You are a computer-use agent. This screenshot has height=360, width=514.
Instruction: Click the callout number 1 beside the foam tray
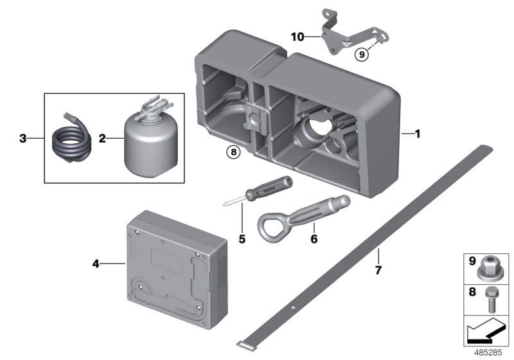[x=417, y=134]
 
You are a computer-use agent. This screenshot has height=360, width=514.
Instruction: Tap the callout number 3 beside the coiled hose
[x=22, y=138]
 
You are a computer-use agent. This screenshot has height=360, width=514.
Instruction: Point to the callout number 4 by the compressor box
[x=96, y=263]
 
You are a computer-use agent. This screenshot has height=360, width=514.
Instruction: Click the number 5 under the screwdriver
[x=242, y=239]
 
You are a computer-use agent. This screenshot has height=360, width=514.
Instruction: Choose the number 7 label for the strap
[x=378, y=271]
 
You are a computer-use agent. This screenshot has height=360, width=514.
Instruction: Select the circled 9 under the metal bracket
[x=362, y=55]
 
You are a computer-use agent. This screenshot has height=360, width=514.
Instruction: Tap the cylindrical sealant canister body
[x=146, y=141]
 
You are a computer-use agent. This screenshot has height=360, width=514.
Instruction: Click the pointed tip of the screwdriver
[x=226, y=204]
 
